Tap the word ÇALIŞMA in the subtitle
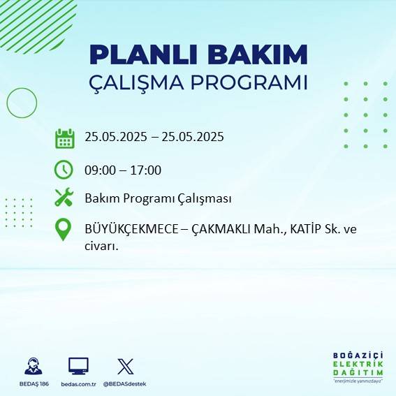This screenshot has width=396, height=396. tap(145, 82)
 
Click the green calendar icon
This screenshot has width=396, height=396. tap(64, 138)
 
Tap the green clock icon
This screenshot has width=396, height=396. tap(64, 170)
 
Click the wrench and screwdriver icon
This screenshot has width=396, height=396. tap(64, 198)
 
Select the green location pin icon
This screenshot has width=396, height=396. tap(64, 230)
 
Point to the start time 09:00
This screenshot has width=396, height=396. tap(99, 170)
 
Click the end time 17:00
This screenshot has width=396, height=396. tap(147, 170)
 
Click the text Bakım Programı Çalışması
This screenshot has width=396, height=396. tap(158, 199)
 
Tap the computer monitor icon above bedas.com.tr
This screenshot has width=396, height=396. tap(78, 366)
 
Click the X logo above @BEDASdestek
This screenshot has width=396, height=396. tap(125, 366)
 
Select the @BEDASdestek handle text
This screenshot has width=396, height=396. tap(125, 384)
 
